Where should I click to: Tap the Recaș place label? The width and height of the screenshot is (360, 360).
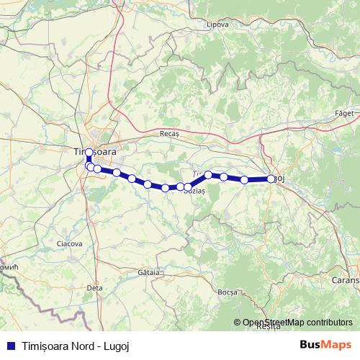168,134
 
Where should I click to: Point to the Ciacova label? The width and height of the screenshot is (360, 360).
70,244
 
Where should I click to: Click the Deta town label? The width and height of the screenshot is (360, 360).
94,287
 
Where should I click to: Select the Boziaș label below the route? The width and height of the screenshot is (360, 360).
194,191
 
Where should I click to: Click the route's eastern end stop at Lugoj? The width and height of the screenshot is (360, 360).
271,179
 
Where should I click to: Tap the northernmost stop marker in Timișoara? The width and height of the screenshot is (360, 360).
89,153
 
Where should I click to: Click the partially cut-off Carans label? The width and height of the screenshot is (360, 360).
346,278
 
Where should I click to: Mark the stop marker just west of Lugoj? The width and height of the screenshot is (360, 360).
245,180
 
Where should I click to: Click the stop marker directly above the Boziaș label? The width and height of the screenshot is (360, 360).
188,186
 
